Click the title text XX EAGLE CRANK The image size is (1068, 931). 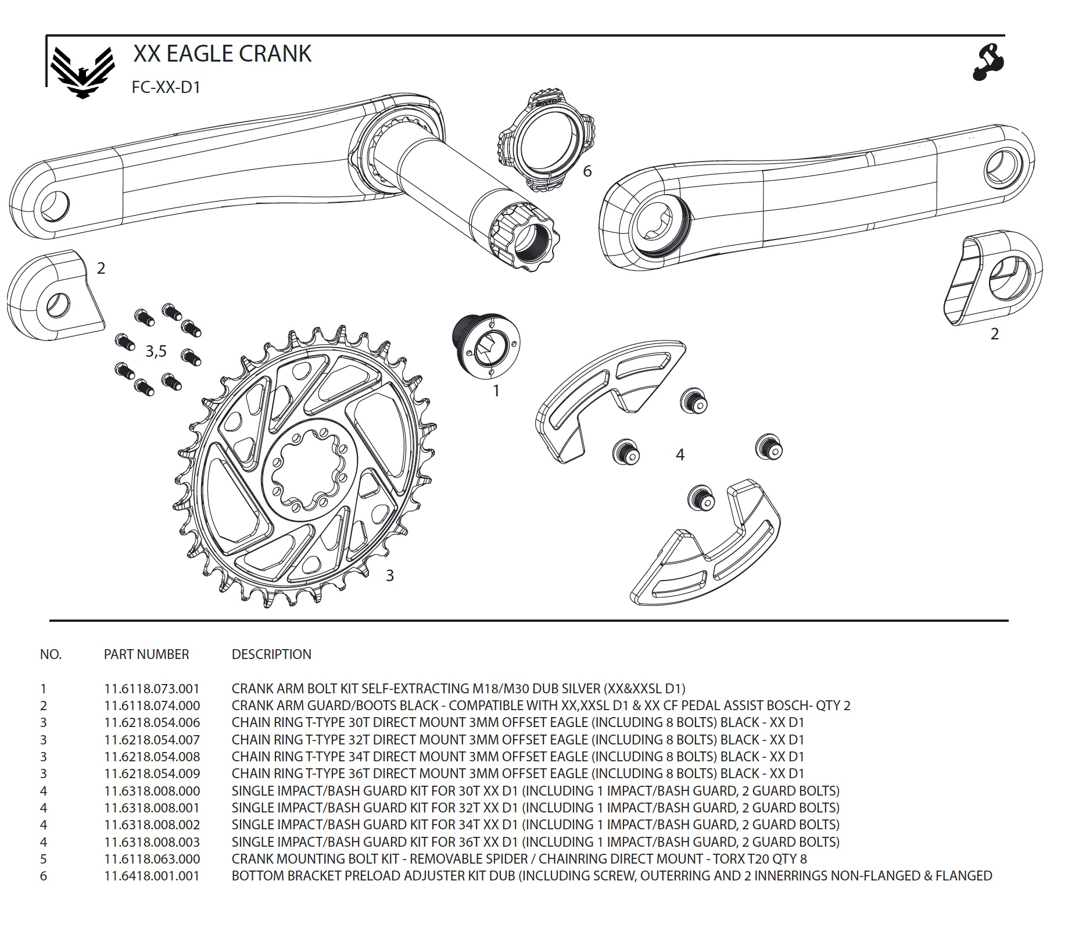[x=222, y=53]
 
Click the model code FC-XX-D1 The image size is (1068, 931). [x=166, y=87]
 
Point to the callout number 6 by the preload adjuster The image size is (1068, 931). [x=587, y=171]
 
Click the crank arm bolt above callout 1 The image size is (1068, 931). [x=486, y=348]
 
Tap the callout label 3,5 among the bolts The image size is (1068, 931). [x=156, y=351]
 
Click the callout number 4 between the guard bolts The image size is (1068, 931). [x=680, y=454]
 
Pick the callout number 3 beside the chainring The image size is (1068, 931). [x=390, y=575]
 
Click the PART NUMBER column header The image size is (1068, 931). [x=146, y=654]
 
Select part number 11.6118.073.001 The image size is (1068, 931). [x=152, y=689]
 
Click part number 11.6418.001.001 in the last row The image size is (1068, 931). [x=152, y=876]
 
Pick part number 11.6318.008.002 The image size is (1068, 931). [x=152, y=825]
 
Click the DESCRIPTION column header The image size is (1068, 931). [x=271, y=654]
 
